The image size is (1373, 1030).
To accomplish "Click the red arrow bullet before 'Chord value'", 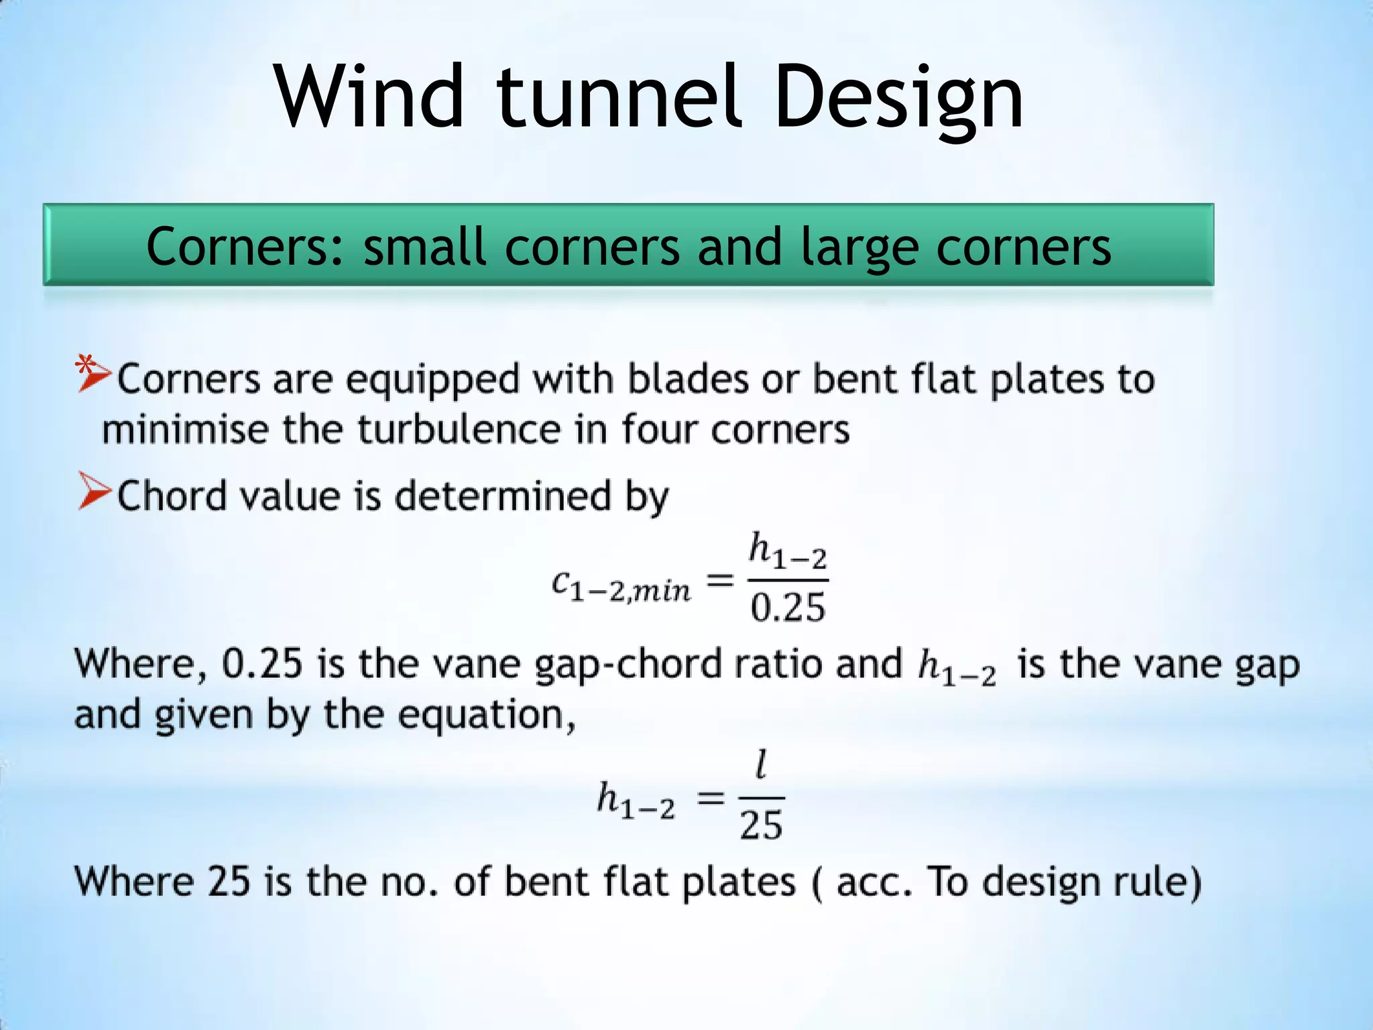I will point(93,492).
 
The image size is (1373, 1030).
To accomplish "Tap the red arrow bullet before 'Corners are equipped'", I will point(93,376).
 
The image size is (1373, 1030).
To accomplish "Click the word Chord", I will point(172,496).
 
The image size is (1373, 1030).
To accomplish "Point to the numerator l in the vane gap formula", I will point(761,765).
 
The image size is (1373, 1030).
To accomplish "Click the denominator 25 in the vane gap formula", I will point(761,825).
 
